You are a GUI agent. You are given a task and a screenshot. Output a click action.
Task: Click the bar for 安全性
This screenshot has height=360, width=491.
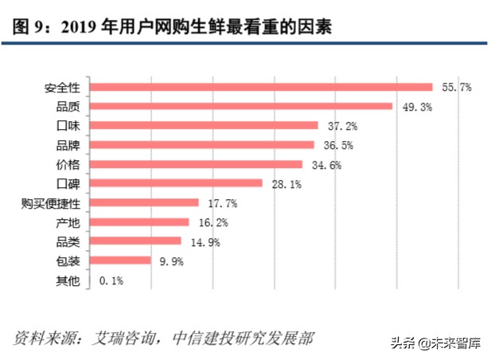[263, 87]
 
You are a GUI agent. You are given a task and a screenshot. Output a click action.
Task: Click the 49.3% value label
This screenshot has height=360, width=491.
[415, 107]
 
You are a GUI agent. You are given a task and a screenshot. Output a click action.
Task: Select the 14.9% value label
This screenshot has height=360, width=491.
[203, 241]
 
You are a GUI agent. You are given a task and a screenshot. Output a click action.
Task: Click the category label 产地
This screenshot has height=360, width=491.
[76, 222]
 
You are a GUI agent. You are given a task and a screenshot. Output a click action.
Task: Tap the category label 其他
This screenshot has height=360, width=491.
[76, 280]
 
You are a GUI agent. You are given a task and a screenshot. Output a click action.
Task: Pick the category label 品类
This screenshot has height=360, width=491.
[76, 241]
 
